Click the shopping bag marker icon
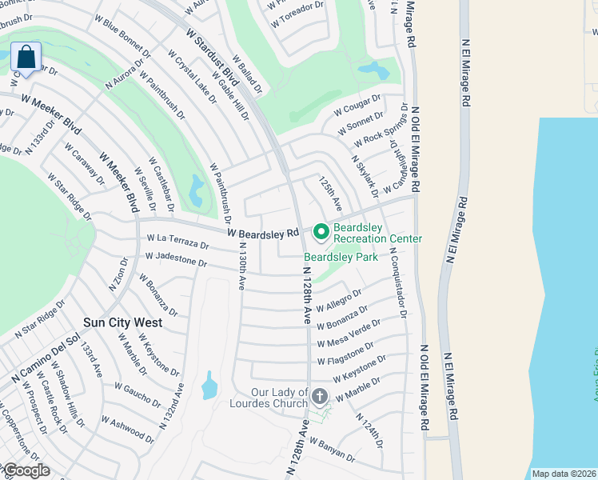pos(26,58)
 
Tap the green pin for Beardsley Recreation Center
pos(321,232)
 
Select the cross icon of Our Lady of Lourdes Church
pos(320,396)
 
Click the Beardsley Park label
pos(341,258)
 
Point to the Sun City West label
pos(123,322)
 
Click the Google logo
pos(26,470)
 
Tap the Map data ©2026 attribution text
pos(564,474)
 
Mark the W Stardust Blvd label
pos(213,59)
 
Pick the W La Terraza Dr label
pos(177,241)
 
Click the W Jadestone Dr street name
pos(176,260)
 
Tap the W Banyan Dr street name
pos(332,449)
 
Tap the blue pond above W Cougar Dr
pos(373,70)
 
